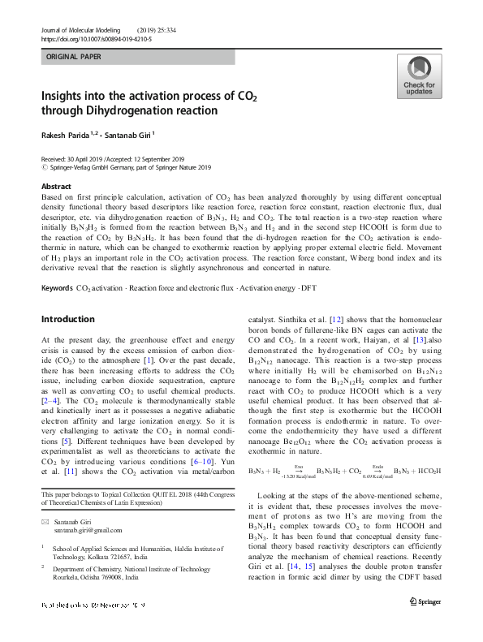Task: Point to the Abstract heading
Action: (x=56, y=186)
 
